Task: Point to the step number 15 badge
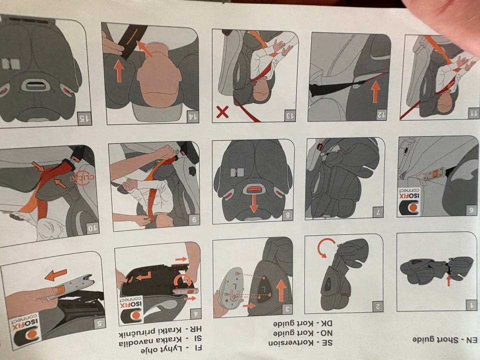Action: [84, 118]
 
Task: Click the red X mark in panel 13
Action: [222, 112]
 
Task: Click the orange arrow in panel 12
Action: [375, 91]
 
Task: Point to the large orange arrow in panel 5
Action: [55, 274]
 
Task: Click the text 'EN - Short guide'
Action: [444, 340]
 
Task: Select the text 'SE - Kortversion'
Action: [300, 343]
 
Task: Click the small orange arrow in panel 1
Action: [448, 280]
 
